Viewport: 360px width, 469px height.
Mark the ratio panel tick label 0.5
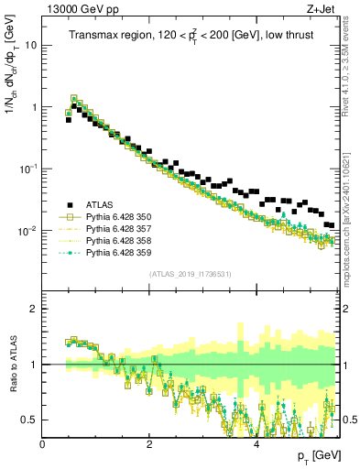29,420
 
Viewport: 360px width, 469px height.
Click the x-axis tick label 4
256,443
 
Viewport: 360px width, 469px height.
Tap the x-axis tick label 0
42,443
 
